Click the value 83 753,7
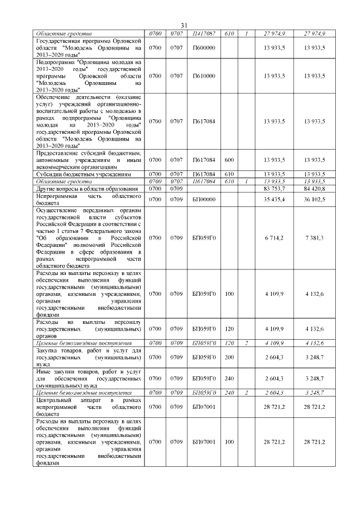[274, 188]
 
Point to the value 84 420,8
[314, 188]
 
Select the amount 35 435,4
[274, 199]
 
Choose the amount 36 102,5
[314, 199]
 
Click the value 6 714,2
[274, 238]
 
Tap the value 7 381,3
[314, 238]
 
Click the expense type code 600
[229, 160]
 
